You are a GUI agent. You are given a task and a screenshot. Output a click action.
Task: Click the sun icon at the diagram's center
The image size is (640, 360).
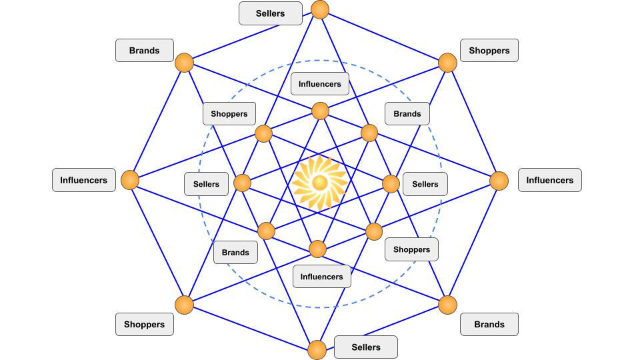pyautogui.click(x=319, y=182)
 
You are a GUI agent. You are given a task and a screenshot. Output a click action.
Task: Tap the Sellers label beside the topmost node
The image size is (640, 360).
pyautogui.click(x=270, y=13)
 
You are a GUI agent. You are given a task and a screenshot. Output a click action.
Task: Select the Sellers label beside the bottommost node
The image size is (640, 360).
pyautogui.click(x=365, y=347)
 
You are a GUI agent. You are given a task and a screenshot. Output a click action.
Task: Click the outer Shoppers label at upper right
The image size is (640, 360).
pyautogui.click(x=489, y=51)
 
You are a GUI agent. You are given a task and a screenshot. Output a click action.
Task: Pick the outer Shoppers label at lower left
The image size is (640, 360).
pyautogui.click(x=144, y=325)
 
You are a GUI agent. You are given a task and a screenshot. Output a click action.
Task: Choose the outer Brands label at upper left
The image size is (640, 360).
pyautogui.click(x=144, y=51)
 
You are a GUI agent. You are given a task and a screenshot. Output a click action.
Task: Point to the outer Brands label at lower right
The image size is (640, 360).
pyautogui.click(x=489, y=325)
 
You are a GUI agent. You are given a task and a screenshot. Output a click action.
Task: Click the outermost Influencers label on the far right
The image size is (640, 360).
pyautogui.click(x=549, y=180)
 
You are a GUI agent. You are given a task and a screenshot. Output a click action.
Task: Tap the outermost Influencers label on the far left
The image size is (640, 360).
pyautogui.click(x=83, y=180)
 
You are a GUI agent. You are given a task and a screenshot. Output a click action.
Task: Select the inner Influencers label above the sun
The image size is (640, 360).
pyautogui.click(x=319, y=84)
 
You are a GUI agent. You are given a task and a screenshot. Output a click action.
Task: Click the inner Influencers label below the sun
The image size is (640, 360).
pyautogui.click(x=321, y=277)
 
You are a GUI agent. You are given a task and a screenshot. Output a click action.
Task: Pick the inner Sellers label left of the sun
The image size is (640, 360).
pyautogui.click(x=206, y=184)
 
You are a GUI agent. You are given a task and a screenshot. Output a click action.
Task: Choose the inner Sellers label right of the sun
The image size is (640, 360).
pyautogui.click(x=425, y=184)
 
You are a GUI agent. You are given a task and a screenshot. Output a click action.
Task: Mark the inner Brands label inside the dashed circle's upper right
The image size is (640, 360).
pyautogui.click(x=407, y=114)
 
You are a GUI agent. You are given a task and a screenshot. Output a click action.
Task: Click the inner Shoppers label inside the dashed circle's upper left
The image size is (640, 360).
pyautogui.click(x=229, y=114)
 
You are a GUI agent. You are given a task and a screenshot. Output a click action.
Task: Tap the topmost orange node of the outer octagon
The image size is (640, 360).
pyautogui.click(x=320, y=10)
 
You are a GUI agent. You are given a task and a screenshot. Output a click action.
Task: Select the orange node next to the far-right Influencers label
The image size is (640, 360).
pyautogui.click(x=499, y=181)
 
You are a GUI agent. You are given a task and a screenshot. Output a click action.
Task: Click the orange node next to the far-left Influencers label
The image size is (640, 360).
pyautogui.click(x=130, y=180)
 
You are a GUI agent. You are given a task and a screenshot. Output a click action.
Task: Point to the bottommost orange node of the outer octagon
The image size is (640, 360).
pyautogui.click(x=317, y=349)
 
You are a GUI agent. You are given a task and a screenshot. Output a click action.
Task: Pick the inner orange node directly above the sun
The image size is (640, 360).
pyautogui.click(x=320, y=111)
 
